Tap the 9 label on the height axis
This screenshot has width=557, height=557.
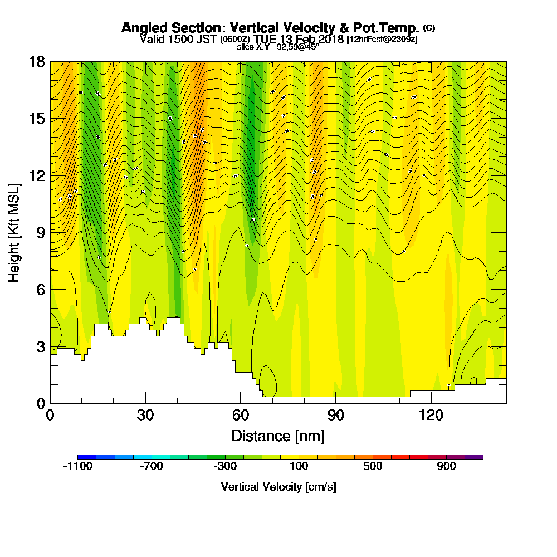[40, 232]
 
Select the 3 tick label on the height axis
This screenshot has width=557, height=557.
[40, 346]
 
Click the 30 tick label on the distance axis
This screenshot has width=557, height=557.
[145, 416]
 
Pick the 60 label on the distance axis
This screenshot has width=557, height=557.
[241, 416]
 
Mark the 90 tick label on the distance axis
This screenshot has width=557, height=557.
[336, 416]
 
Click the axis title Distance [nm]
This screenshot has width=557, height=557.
[278, 436]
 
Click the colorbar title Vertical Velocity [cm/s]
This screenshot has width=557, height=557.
[278, 487]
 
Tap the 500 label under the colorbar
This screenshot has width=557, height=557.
[373, 467]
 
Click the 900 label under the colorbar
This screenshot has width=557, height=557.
[446, 467]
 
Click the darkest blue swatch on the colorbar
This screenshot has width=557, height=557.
[87, 457]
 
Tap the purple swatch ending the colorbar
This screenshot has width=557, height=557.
[474, 457]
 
